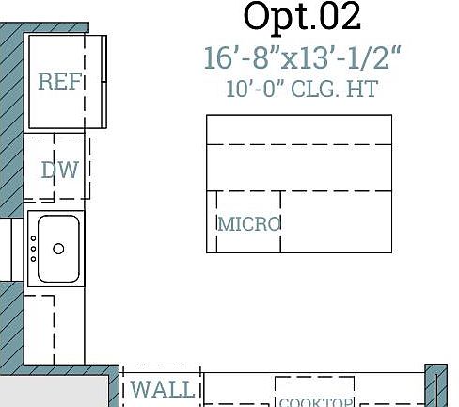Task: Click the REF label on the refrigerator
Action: [x=59, y=82]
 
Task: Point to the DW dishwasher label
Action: [x=59, y=171]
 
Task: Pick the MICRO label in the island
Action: [x=249, y=224]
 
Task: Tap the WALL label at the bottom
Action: [x=162, y=388]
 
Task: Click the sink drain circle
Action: [x=58, y=249]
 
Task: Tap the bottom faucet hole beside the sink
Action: [x=33, y=260]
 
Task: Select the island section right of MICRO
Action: [x=336, y=221]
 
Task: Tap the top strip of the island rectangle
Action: [x=299, y=129]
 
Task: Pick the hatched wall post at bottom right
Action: [x=436, y=386]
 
